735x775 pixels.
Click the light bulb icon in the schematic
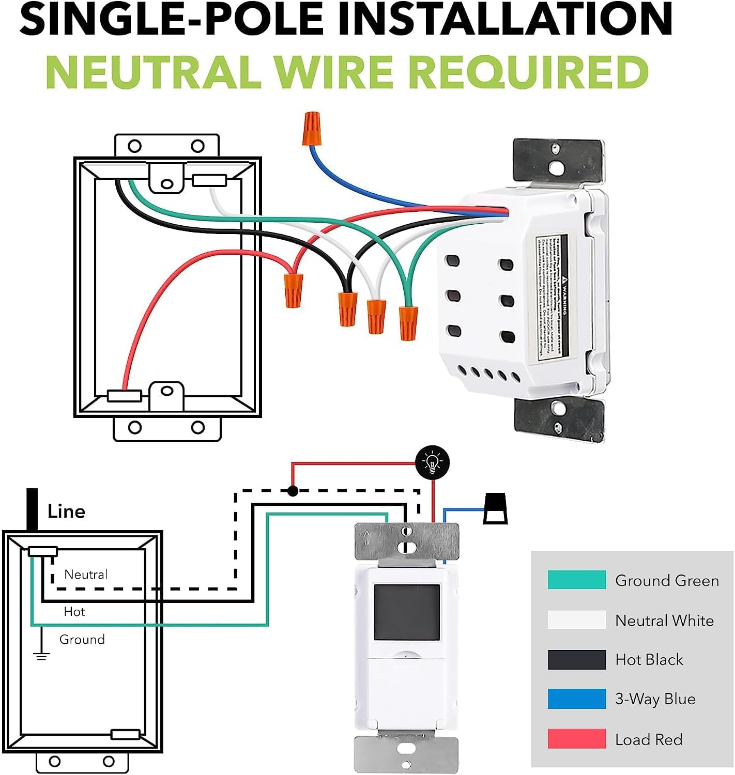click(433, 462)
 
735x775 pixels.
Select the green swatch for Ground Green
click(576, 580)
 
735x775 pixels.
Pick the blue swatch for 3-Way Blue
click(576, 699)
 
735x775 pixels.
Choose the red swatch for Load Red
click(576, 739)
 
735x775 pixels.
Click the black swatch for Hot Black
click(576, 659)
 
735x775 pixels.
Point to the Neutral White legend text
click(664, 620)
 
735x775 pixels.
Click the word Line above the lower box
click(66, 512)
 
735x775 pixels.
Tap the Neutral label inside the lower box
click(86, 574)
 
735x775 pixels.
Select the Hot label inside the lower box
click(74, 611)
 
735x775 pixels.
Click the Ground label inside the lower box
click(82, 639)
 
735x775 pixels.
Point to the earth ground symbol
click(41, 656)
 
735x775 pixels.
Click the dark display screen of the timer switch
click(406, 613)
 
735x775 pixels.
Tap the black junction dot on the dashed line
click(293, 490)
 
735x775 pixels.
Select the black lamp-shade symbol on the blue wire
click(495, 509)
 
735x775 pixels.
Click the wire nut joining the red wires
click(293, 290)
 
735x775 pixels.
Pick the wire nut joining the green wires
click(408, 322)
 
